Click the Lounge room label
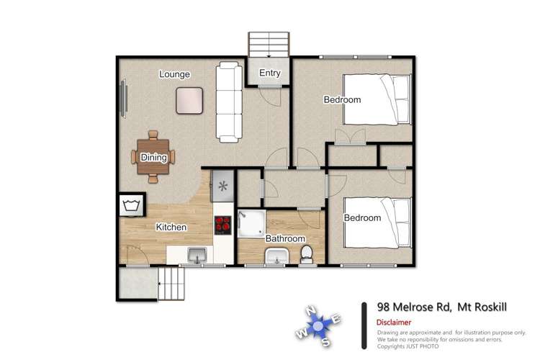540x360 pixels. [174, 74]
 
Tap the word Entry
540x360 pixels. [269, 73]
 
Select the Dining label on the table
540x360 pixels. [153, 158]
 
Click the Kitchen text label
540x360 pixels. [171, 228]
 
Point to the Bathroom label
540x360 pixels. [285, 238]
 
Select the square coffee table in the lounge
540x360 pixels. [189, 99]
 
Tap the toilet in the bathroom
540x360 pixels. [306, 254]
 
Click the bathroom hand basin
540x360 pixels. [276, 256]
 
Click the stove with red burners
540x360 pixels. [222, 225]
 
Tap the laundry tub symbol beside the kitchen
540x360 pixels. [131, 206]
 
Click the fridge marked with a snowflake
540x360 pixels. [222, 187]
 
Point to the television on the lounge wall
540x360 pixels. [122, 97]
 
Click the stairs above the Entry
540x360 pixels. [269, 45]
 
